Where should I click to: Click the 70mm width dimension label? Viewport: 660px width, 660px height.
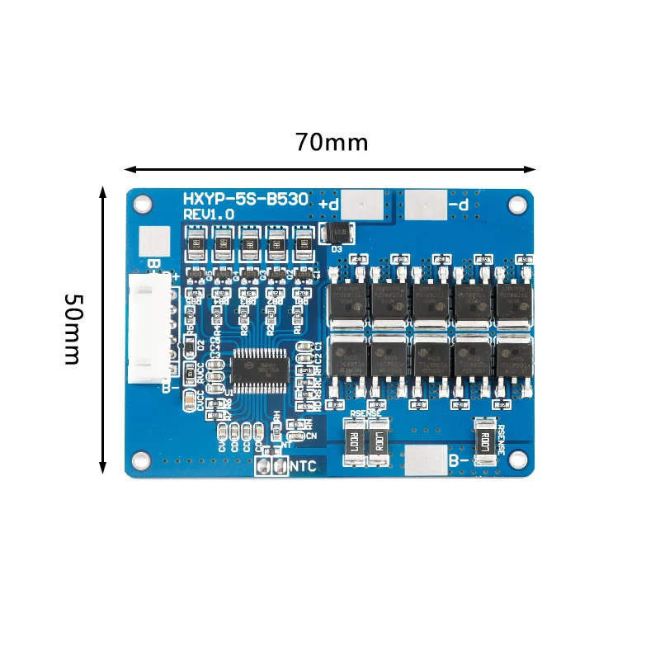(332, 142)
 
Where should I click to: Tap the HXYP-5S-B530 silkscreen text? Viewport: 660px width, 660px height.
(246, 199)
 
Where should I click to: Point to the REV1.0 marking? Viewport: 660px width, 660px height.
(209, 214)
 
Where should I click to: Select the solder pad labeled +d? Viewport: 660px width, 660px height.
(364, 203)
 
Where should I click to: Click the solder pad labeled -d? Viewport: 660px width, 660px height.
(426, 203)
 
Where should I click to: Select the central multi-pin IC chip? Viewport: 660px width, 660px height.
(257, 370)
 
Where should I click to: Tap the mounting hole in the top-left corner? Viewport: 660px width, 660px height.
(142, 200)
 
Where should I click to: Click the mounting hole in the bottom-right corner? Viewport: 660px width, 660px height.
(518, 459)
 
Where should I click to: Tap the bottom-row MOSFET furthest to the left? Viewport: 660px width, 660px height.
(348, 356)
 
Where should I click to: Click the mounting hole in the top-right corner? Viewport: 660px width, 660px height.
(518, 200)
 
